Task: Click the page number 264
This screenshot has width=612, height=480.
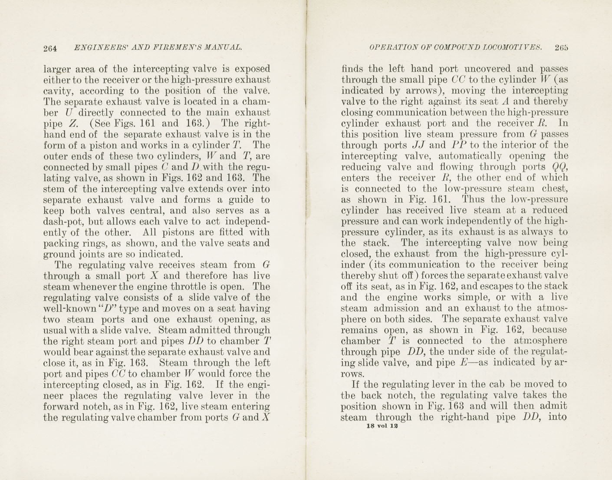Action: pyautogui.click(x=50, y=48)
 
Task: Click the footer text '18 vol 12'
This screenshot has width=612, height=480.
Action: pyautogui.click(x=382, y=426)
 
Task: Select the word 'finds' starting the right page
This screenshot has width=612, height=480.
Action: pyautogui.click(x=352, y=69)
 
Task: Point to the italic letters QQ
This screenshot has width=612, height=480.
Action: pyautogui.click(x=559, y=167)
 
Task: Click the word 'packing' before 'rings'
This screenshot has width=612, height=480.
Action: pyautogui.click(x=60, y=244)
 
